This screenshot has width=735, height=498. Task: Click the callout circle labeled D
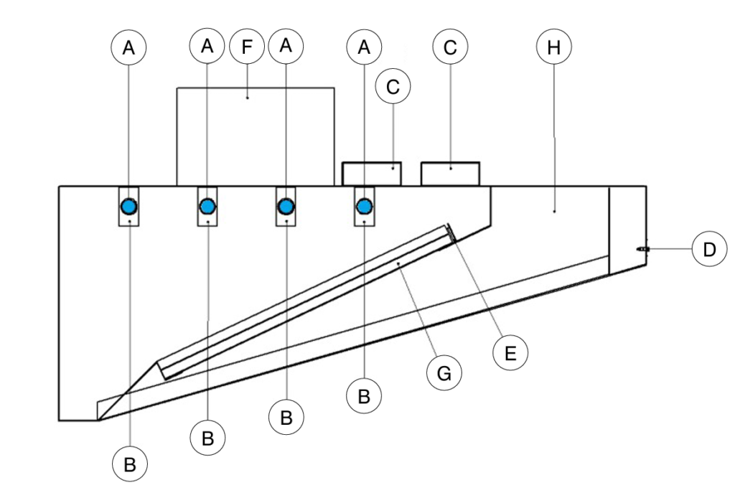[709, 249]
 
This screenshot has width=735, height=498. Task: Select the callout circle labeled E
[510, 352]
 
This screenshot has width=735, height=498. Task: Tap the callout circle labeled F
[248, 48]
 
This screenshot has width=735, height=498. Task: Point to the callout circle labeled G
[444, 373]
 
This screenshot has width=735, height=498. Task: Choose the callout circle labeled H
[553, 48]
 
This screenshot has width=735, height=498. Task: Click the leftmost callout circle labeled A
[128, 47]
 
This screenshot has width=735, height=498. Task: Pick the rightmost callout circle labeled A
[364, 47]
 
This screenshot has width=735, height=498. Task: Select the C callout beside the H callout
[450, 48]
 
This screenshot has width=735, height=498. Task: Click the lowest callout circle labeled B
[129, 464]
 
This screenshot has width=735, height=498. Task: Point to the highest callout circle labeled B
[364, 395]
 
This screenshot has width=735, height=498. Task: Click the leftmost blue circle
[129, 207]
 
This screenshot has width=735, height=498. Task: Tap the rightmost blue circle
[365, 207]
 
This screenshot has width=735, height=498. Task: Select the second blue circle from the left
[207, 207]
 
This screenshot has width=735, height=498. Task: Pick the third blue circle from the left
[286, 207]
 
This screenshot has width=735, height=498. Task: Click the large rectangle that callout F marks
[256, 136]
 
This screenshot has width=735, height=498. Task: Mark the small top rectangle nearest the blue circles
[372, 174]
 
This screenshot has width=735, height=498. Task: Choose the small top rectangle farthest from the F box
[450, 174]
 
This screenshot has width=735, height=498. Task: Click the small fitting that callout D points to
[642, 249]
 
